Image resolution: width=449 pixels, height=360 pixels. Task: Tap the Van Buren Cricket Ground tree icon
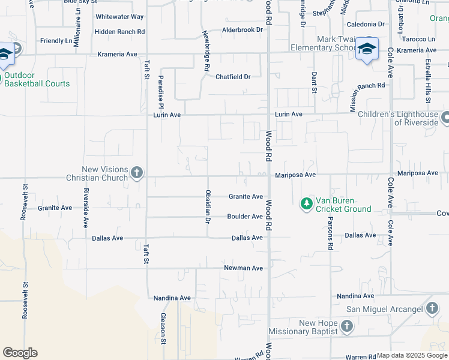307,204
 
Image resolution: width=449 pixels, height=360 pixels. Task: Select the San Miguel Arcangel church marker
432,309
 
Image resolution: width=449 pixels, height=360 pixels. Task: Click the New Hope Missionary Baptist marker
346,327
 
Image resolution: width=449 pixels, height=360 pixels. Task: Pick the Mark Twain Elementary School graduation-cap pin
366,50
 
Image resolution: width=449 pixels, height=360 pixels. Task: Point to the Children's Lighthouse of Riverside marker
445,118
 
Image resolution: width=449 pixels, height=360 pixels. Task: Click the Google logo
20,353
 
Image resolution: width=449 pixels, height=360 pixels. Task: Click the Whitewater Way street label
119,17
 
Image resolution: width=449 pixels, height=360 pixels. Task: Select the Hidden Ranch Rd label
119,31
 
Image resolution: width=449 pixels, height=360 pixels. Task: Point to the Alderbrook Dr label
243,29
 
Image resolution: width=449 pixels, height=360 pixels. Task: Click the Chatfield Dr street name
233,77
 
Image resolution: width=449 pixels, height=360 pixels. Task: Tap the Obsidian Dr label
208,207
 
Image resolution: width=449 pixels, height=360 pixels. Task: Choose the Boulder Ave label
245,217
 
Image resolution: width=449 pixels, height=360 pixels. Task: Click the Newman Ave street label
243,268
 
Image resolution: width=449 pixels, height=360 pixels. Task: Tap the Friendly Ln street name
56,41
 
